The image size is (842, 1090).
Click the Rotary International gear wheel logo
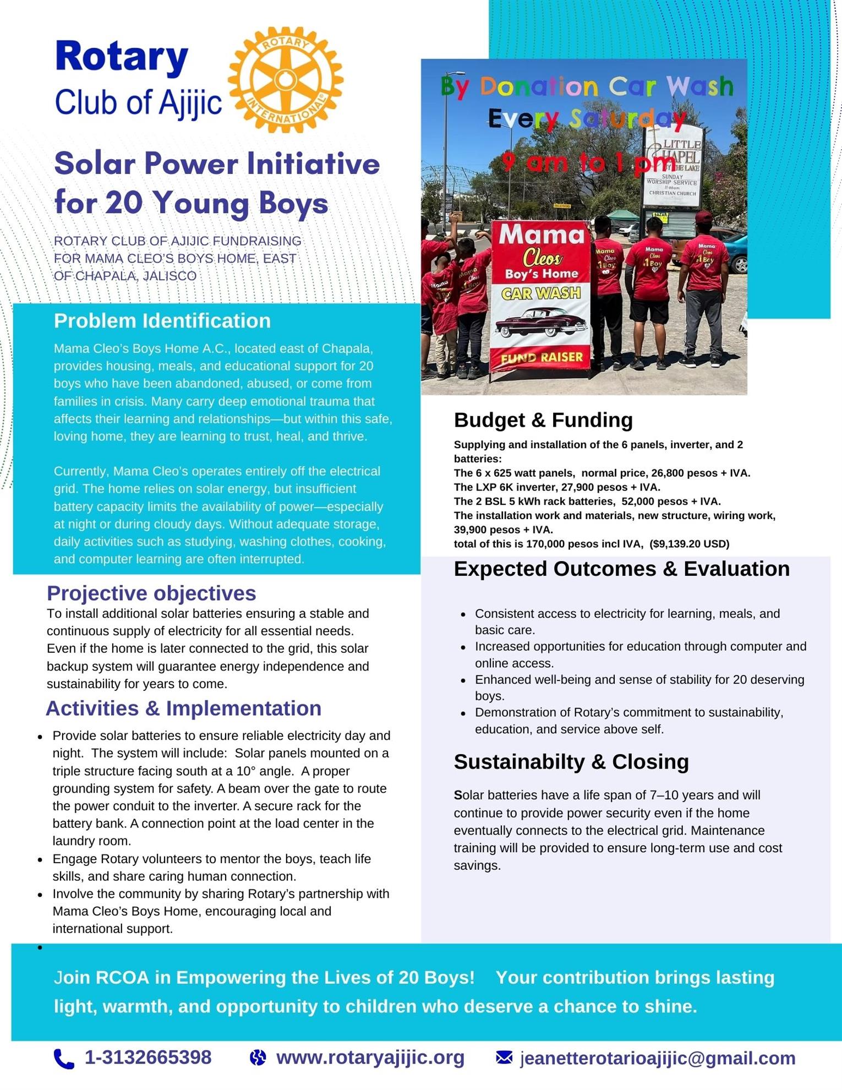click(x=285, y=80)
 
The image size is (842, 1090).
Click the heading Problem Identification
click(x=162, y=321)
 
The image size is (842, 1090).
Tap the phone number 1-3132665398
click(x=147, y=1057)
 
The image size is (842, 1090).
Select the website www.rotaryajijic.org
click(x=370, y=1057)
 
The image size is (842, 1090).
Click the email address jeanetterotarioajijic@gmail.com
click(x=657, y=1058)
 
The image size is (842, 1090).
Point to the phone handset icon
click(x=64, y=1058)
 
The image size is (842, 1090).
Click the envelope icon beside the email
click(x=504, y=1057)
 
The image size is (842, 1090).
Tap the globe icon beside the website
click(x=258, y=1058)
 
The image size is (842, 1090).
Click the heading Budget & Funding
click(x=543, y=420)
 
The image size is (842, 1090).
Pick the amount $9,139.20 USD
click(x=689, y=544)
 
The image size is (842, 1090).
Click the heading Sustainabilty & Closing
click(x=571, y=761)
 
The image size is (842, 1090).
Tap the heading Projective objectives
click(x=151, y=593)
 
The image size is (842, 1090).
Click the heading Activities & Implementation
click(x=183, y=708)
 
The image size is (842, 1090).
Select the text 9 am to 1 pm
click(x=589, y=163)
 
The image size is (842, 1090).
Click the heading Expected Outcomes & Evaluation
click(x=621, y=569)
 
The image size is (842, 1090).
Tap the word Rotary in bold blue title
click(x=122, y=57)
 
